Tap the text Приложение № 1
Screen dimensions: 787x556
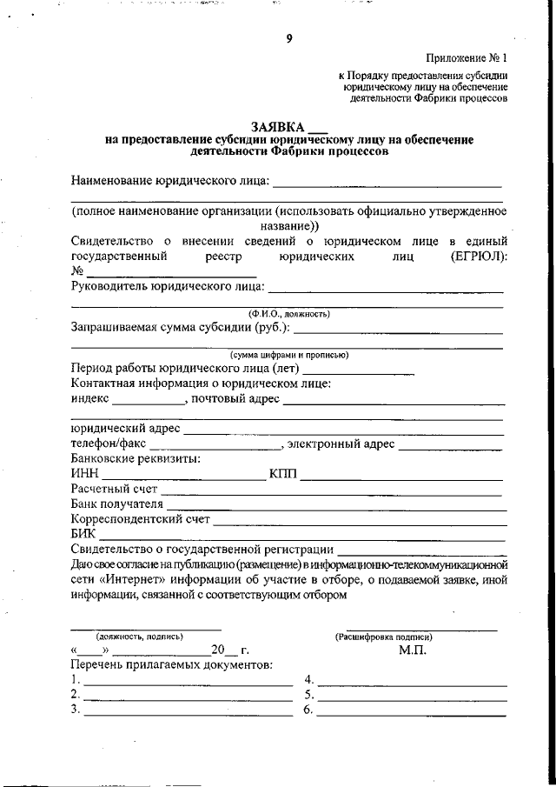(466, 58)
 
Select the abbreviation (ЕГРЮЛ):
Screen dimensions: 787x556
(480, 257)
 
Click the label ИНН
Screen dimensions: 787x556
(83, 475)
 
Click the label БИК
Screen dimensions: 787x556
(83, 534)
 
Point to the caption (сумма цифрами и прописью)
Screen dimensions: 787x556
(288, 356)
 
